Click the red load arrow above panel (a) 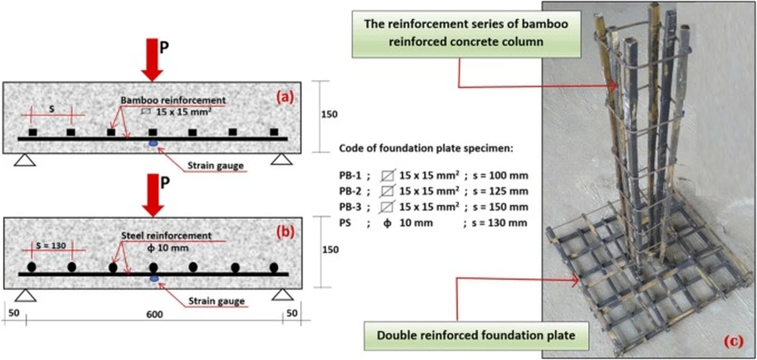152,60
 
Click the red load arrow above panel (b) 153,195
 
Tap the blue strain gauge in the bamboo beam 153,143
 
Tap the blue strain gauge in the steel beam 154,279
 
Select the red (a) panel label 285,97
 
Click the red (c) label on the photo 734,341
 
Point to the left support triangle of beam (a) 25,160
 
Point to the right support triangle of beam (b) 283,294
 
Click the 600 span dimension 155,315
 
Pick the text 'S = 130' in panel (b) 51,245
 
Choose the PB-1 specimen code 350,176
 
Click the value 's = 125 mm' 500,191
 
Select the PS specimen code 345,223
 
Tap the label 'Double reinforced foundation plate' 476,335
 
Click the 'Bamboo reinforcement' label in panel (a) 173,100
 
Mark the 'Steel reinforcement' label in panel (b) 167,235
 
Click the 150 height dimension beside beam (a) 329,115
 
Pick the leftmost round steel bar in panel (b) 32,267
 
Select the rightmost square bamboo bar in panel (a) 274,132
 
